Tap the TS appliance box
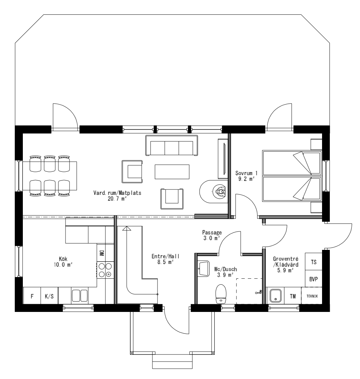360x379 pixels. click(314, 262)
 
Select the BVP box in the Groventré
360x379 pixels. click(314, 279)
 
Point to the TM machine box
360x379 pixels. click(293, 296)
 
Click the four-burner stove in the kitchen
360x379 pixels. click(105, 270)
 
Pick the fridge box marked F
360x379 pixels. click(32, 296)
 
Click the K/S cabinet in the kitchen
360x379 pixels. click(49, 296)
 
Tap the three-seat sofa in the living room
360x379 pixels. click(172, 146)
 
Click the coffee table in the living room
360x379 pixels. click(172, 171)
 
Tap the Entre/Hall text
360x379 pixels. click(163, 259)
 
